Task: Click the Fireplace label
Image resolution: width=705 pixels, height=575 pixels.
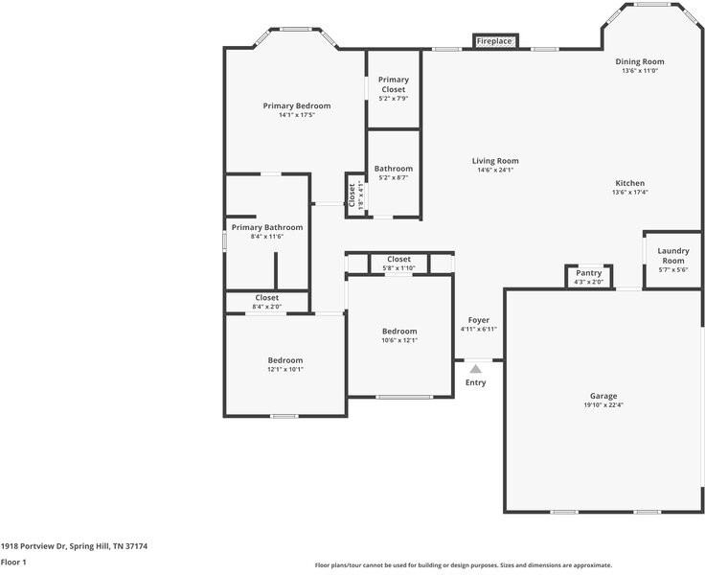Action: tap(494, 41)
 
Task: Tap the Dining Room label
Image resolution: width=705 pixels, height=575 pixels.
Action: tap(639, 61)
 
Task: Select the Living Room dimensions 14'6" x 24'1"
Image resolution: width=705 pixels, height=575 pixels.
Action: tap(495, 171)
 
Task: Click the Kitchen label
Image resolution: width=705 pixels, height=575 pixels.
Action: tap(629, 183)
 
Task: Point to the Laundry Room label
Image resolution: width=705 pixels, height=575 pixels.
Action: tap(672, 256)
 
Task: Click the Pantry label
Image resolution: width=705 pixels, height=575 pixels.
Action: tap(588, 273)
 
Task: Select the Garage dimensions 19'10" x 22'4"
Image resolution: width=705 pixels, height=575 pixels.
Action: tap(603, 405)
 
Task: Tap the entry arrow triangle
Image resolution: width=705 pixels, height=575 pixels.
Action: tap(475, 367)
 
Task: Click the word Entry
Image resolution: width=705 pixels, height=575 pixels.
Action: tap(475, 382)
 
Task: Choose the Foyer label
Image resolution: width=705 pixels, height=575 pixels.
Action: tap(478, 320)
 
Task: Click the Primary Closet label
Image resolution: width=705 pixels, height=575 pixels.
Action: tap(393, 84)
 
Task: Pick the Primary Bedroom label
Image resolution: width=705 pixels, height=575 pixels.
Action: tap(297, 105)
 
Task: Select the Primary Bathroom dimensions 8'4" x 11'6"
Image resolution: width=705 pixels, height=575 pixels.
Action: tap(266, 237)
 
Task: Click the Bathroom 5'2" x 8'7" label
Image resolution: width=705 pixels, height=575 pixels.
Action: tap(393, 169)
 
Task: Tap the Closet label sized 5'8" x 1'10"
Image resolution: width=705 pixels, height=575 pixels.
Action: tap(398, 260)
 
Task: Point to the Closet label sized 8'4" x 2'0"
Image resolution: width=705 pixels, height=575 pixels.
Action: tap(266, 298)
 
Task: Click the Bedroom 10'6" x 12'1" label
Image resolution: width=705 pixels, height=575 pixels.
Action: tap(399, 332)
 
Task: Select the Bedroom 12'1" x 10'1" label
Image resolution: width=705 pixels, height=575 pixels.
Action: tap(284, 360)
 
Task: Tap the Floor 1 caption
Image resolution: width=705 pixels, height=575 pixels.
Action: tap(13, 563)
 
